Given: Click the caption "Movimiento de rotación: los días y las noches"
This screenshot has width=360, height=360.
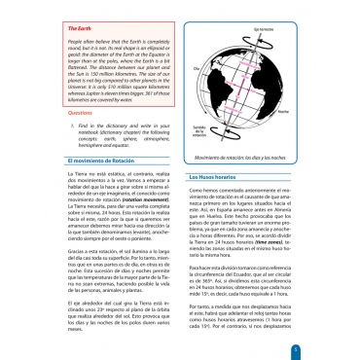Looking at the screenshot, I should point(261,157).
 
